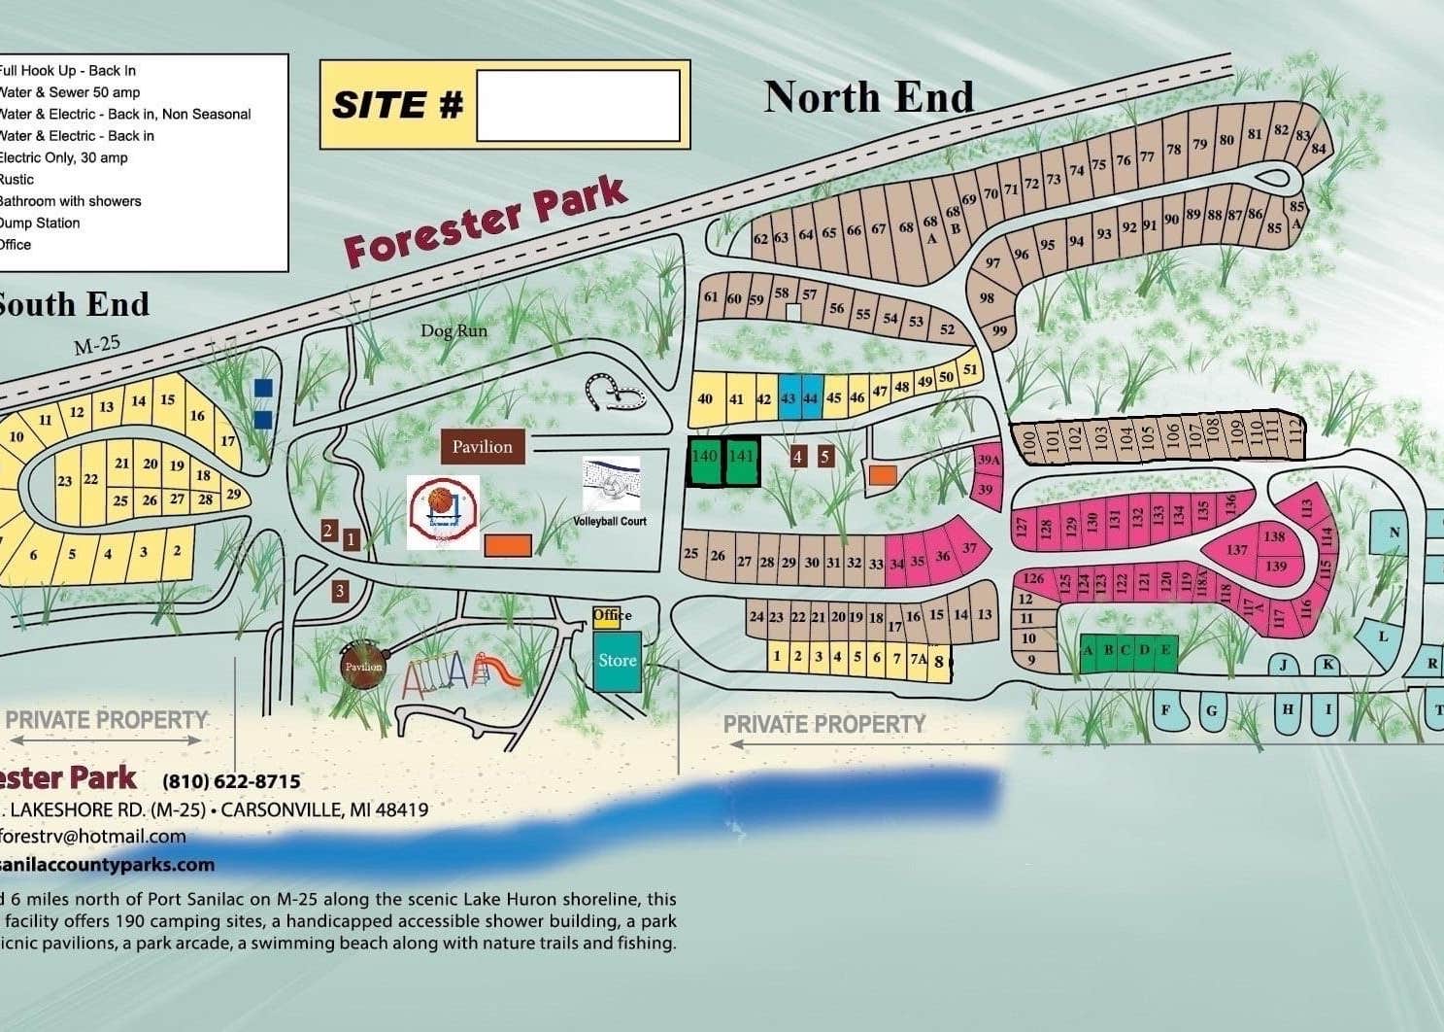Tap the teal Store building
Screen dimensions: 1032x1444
click(x=618, y=661)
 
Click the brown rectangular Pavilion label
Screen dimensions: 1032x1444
click(x=483, y=447)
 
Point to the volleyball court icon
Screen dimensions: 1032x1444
click(x=611, y=484)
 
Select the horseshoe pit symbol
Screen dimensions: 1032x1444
click(x=615, y=392)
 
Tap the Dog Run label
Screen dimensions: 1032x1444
click(x=453, y=330)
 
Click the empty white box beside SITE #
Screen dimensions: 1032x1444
click(x=578, y=105)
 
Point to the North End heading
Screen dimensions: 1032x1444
click(x=868, y=97)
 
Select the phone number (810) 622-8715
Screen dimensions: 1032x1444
click(x=231, y=781)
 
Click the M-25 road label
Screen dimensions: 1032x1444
click(x=97, y=345)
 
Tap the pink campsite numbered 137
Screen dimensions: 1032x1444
click(x=1236, y=550)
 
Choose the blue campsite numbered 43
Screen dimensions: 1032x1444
click(x=788, y=398)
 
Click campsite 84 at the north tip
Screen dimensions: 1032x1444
click(x=1318, y=149)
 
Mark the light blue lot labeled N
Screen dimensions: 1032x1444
click(x=1394, y=532)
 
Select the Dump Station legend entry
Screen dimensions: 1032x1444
click(x=39, y=223)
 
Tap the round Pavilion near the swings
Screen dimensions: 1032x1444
click(x=362, y=667)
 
